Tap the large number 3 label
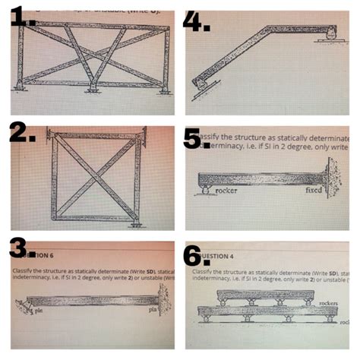coord(24,248)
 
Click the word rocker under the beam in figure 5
coord(226,191)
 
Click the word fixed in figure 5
coord(312,191)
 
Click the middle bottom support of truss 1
coord(93,89)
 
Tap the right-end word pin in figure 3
coord(151,311)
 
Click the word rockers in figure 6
coord(329,302)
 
